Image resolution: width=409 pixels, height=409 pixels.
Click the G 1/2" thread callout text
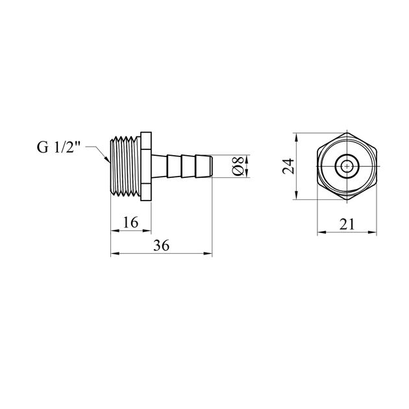(x=58, y=147)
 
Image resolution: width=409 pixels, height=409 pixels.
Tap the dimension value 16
(x=130, y=223)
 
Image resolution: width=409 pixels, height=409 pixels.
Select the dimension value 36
(x=161, y=245)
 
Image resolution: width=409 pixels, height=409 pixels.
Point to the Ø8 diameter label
(x=238, y=166)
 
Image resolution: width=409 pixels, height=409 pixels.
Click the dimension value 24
(x=288, y=166)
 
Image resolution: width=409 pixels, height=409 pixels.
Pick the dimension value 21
(x=347, y=224)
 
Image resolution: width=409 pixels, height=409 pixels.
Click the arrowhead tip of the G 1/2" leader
(x=109, y=162)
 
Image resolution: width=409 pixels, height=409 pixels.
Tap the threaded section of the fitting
(x=125, y=166)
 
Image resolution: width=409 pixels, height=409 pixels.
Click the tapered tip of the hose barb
(x=211, y=166)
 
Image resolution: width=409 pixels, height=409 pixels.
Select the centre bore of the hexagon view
(x=347, y=166)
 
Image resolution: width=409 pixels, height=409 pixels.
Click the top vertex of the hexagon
(x=347, y=132)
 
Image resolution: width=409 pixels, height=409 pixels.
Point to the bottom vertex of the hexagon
(x=347, y=200)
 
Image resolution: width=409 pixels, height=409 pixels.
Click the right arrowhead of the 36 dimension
(x=212, y=253)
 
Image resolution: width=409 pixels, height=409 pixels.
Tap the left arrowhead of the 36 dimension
(x=111, y=253)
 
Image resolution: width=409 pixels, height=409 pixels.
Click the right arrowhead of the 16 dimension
(x=151, y=230)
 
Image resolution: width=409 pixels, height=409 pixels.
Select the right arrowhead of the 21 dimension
(x=376, y=232)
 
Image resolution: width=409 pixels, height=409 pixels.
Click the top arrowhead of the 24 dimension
(x=296, y=133)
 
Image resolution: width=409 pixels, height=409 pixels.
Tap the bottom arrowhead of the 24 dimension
(x=296, y=199)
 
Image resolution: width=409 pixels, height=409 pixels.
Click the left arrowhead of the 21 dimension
(x=317, y=232)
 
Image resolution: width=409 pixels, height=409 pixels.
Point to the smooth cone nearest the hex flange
(x=159, y=166)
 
